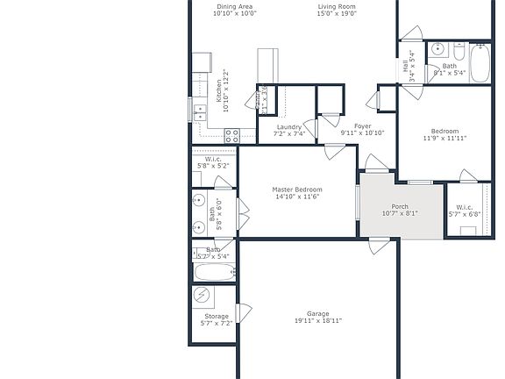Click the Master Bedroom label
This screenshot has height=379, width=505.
pos(297,189)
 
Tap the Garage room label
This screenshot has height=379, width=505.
pos(317,313)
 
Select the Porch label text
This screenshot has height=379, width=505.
pos(400,207)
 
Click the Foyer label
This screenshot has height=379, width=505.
pos(362,126)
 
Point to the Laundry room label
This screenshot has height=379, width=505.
pos(288,127)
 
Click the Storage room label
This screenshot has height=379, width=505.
pos(217,316)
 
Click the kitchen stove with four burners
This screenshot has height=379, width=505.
pos(232,135)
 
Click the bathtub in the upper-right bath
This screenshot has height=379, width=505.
pos(480,61)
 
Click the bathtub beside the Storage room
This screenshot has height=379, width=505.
pos(213,272)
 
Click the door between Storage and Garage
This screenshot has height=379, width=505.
pos(245,311)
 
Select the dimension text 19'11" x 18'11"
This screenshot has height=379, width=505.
pos(317,321)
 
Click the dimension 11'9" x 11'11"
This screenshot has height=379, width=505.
pos(445,138)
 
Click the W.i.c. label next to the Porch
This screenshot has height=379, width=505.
pos(464,207)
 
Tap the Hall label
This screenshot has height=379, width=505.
pos(406,65)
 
